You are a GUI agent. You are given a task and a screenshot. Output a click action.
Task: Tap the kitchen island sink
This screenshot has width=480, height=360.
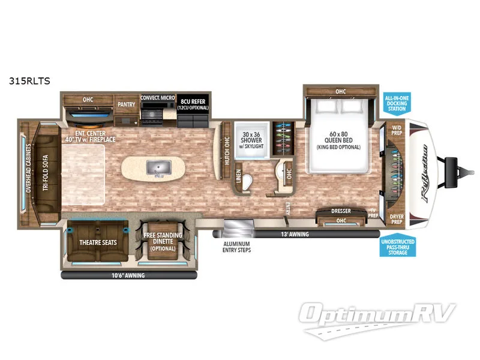[x=157, y=169]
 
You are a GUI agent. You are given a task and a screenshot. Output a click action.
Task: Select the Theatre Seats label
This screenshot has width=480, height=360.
[x=97, y=244]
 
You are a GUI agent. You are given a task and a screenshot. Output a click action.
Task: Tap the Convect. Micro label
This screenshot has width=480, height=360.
[x=157, y=97]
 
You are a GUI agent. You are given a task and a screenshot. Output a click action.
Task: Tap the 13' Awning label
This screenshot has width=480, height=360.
[x=295, y=234]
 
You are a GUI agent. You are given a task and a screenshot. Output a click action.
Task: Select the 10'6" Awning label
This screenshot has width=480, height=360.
[x=127, y=276]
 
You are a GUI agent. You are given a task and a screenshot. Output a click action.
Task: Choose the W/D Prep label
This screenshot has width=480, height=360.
[x=397, y=130]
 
